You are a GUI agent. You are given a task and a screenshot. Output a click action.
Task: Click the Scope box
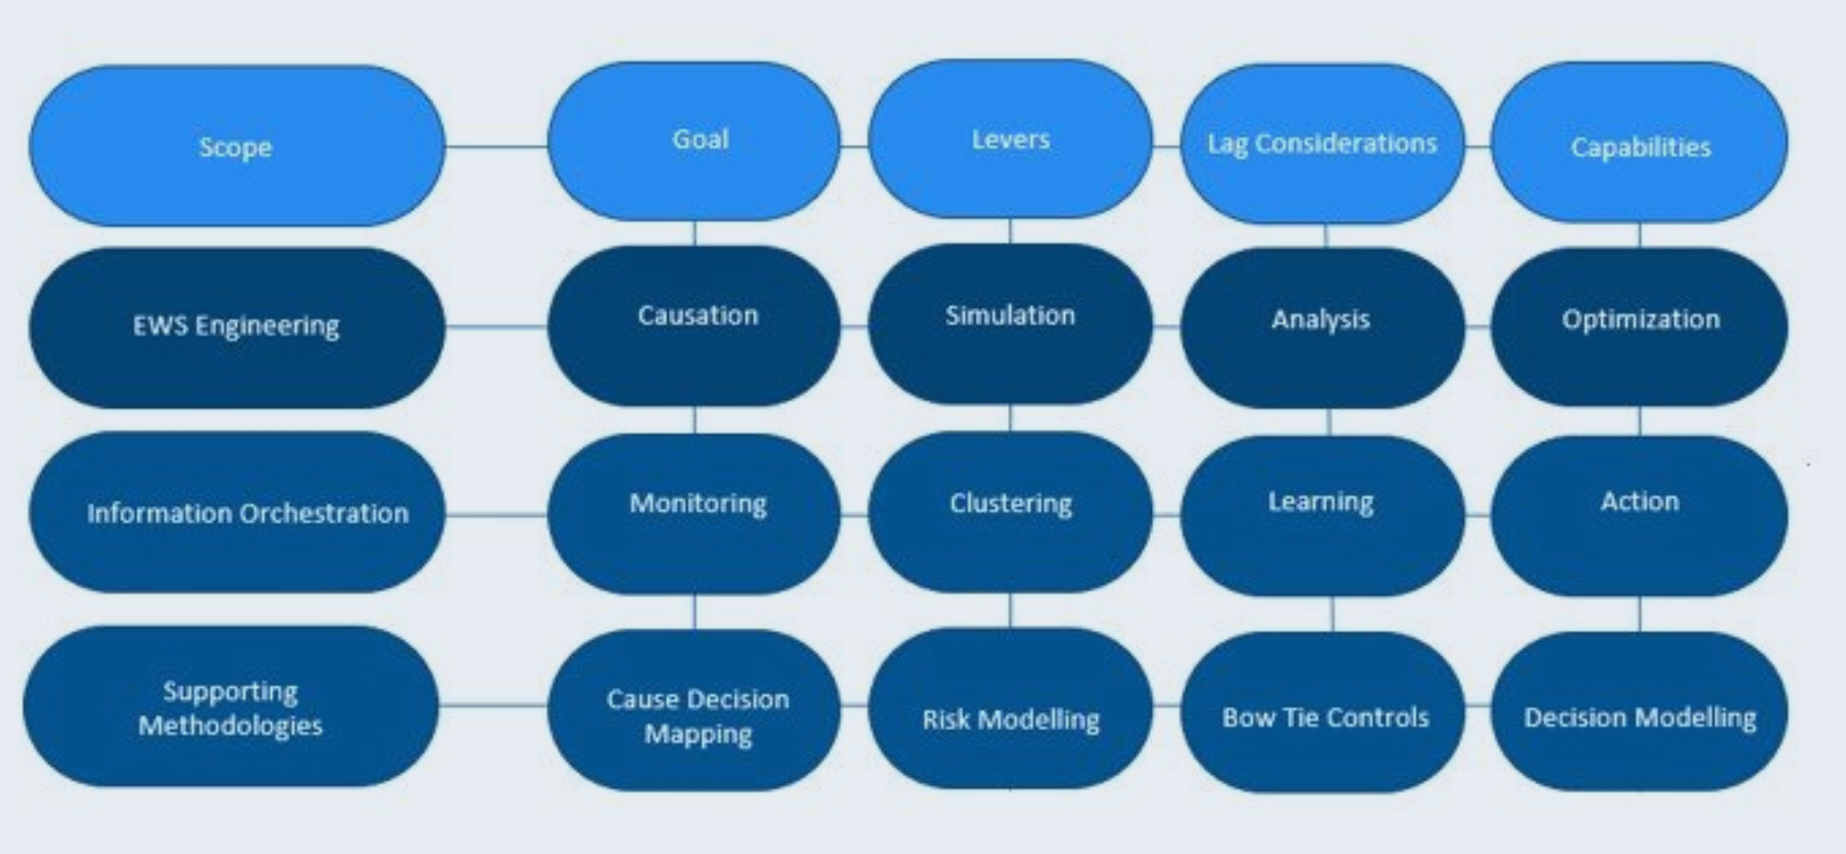click(237, 146)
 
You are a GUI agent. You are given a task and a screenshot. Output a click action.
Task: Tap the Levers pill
click(1010, 139)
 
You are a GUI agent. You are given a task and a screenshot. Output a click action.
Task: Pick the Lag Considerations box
click(1322, 144)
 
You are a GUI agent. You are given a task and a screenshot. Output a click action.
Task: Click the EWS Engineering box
click(237, 326)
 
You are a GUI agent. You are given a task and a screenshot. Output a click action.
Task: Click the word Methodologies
click(230, 725)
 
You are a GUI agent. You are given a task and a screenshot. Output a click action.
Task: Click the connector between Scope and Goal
click(496, 146)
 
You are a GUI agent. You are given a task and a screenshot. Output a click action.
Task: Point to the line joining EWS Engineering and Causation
click(496, 326)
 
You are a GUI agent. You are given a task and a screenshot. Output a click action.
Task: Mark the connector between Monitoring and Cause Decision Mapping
click(694, 611)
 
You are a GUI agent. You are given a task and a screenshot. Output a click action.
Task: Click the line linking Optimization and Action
click(1639, 421)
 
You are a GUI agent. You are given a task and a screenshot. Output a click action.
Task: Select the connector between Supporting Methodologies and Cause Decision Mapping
click(493, 705)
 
